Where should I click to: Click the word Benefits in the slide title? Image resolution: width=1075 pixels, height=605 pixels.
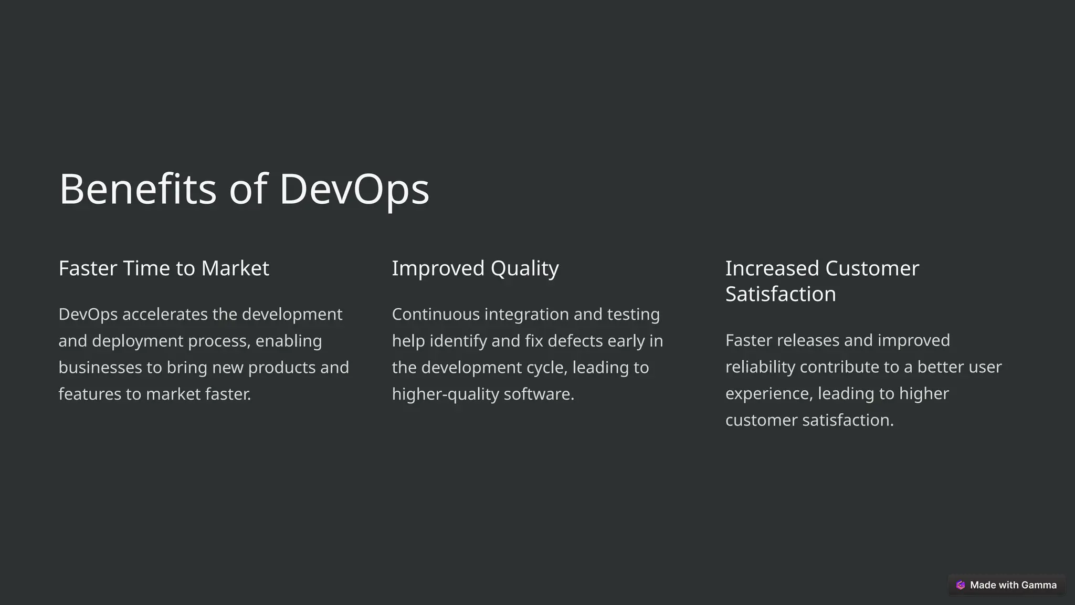tap(138, 189)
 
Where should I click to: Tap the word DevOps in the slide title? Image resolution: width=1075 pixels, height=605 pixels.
tap(354, 189)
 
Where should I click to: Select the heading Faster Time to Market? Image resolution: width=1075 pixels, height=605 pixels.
tap(164, 268)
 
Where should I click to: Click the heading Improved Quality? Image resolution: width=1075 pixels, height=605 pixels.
tap(475, 268)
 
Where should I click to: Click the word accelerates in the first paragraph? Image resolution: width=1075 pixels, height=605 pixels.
tap(165, 315)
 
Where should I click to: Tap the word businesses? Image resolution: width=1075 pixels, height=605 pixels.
tap(100, 368)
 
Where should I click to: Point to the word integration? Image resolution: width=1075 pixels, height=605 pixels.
tap(526, 315)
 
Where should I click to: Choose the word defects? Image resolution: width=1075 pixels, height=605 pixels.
tap(575, 341)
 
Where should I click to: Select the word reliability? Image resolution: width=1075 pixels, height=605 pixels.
tap(760, 367)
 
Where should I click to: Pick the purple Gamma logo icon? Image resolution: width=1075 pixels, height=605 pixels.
tap(961, 585)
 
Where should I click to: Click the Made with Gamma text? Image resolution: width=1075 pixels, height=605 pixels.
tap(1013, 585)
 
